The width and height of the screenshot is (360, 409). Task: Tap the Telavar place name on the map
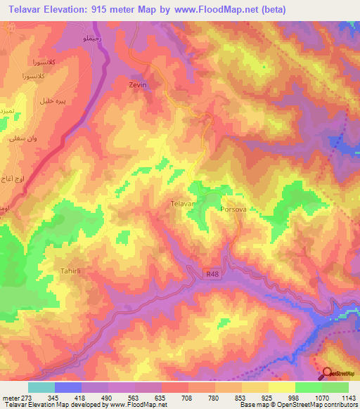coord(182,204)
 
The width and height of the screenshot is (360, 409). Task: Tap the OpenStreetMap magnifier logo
coord(328,375)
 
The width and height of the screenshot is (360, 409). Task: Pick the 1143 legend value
coord(346,397)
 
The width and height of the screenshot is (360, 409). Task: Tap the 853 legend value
coord(239,397)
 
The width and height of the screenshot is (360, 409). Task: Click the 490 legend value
coord(105,397)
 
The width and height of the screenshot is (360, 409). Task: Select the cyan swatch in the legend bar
coord(41,387)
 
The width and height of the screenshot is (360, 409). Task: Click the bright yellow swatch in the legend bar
coord(282,387)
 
